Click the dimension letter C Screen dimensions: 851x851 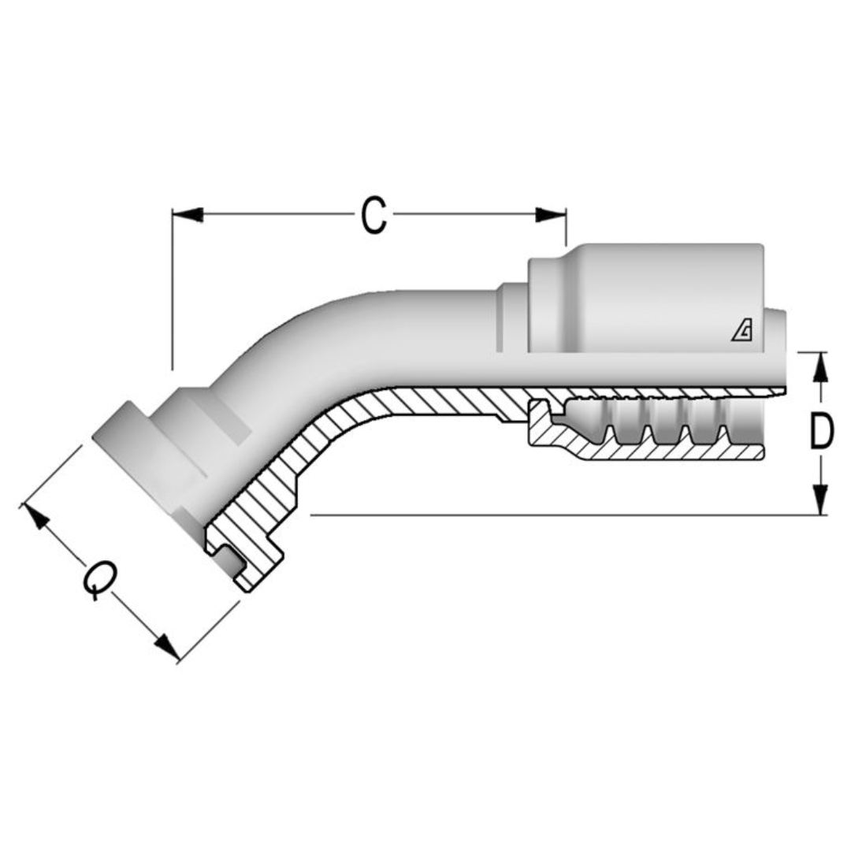[374, 215]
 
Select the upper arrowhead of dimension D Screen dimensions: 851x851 [820, 366]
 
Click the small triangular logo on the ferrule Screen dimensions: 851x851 [741, 333]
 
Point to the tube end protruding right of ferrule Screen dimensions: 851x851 [775, 347]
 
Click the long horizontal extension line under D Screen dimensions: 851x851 [552, 515]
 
